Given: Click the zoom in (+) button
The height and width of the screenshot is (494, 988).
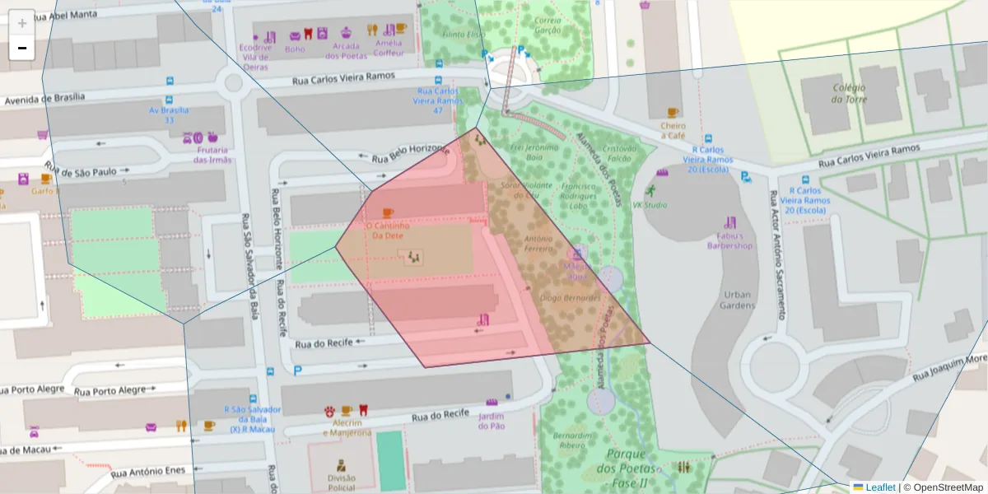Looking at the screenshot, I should click(x=22, y=23).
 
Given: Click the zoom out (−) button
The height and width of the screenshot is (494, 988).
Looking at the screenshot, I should click(x=22, y=49).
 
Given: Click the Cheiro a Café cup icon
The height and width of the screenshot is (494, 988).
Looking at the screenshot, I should click(x=673, y=113).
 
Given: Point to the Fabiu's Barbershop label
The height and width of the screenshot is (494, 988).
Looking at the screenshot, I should click(x=730, y=240).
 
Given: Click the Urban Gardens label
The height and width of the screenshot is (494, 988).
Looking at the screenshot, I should click(x=739, y=300).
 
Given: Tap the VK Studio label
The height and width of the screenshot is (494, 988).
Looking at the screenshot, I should click(x=650, y=205).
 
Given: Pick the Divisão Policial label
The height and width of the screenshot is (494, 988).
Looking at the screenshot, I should click(x=341, y=482).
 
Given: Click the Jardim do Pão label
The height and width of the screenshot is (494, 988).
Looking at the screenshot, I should click(x=492, y=421).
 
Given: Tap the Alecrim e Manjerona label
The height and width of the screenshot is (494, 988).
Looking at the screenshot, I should click(x=347, y=427).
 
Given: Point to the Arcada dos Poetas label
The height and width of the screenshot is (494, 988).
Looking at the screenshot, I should click(x=346, y=50).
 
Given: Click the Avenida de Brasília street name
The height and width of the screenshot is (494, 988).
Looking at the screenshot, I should click(x=45, y=98).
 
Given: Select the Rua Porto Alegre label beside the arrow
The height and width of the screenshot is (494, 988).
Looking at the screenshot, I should click(x=110, y=391).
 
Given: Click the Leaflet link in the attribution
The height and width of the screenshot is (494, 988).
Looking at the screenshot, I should click(x=880, y=487).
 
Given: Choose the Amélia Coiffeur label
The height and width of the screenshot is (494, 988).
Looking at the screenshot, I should click(x=389, y=48).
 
